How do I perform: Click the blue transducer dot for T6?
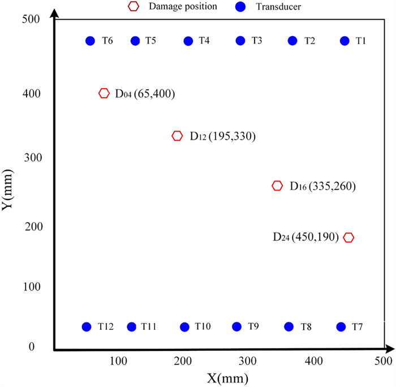[x=90, y=41]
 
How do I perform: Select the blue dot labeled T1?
[x=345, y=41]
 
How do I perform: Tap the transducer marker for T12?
[x=87, y=327]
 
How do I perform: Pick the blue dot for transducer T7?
[x=341, y=327]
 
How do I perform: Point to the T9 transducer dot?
[x=236, y=327]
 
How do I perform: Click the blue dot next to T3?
[x=240, y=41]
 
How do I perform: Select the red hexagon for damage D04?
[x=104, y=93]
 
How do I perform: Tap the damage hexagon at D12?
[x=177, y=136]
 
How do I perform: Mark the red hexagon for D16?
[x=277, y=186]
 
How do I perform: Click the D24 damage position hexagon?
[x=348, y=237]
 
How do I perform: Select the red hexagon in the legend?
[x=134, y=7]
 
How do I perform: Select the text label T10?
[x=203, y=327]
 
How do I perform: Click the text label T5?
[x=150, y=41]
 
